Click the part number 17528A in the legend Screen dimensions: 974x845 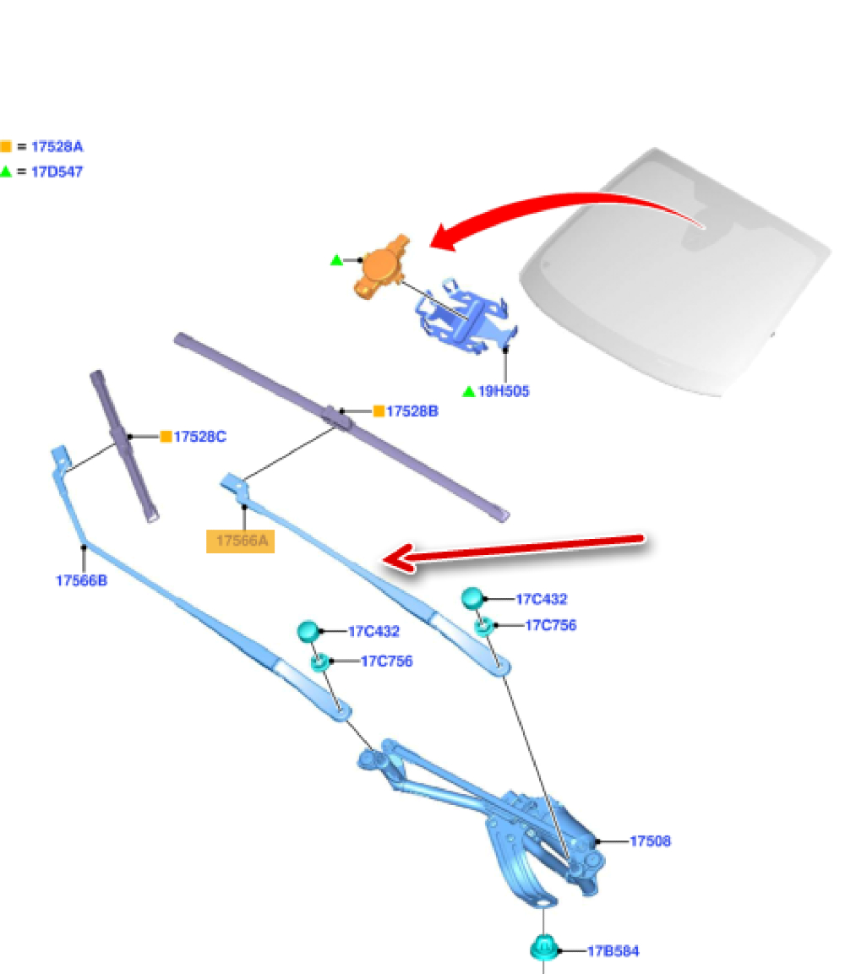[x=57, y=146]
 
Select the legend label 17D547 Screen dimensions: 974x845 [x=57, y=171]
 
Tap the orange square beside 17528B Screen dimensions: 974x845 [x=379, y=411]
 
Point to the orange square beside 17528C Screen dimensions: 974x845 [x=166, y=437]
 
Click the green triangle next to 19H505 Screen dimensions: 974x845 [x=468, y=391]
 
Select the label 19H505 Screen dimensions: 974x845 [x=504, y=391]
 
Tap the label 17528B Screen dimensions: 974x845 [x=412, y=411]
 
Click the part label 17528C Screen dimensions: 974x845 [x=199, y=437]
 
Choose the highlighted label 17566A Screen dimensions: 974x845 [x=241, y=541]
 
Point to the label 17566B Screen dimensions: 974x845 [x=81, y=580]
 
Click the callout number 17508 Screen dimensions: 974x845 [x=650, y=841]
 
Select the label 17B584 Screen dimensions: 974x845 [x=613, y=951]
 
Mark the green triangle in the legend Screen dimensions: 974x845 [x=6, y=171]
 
